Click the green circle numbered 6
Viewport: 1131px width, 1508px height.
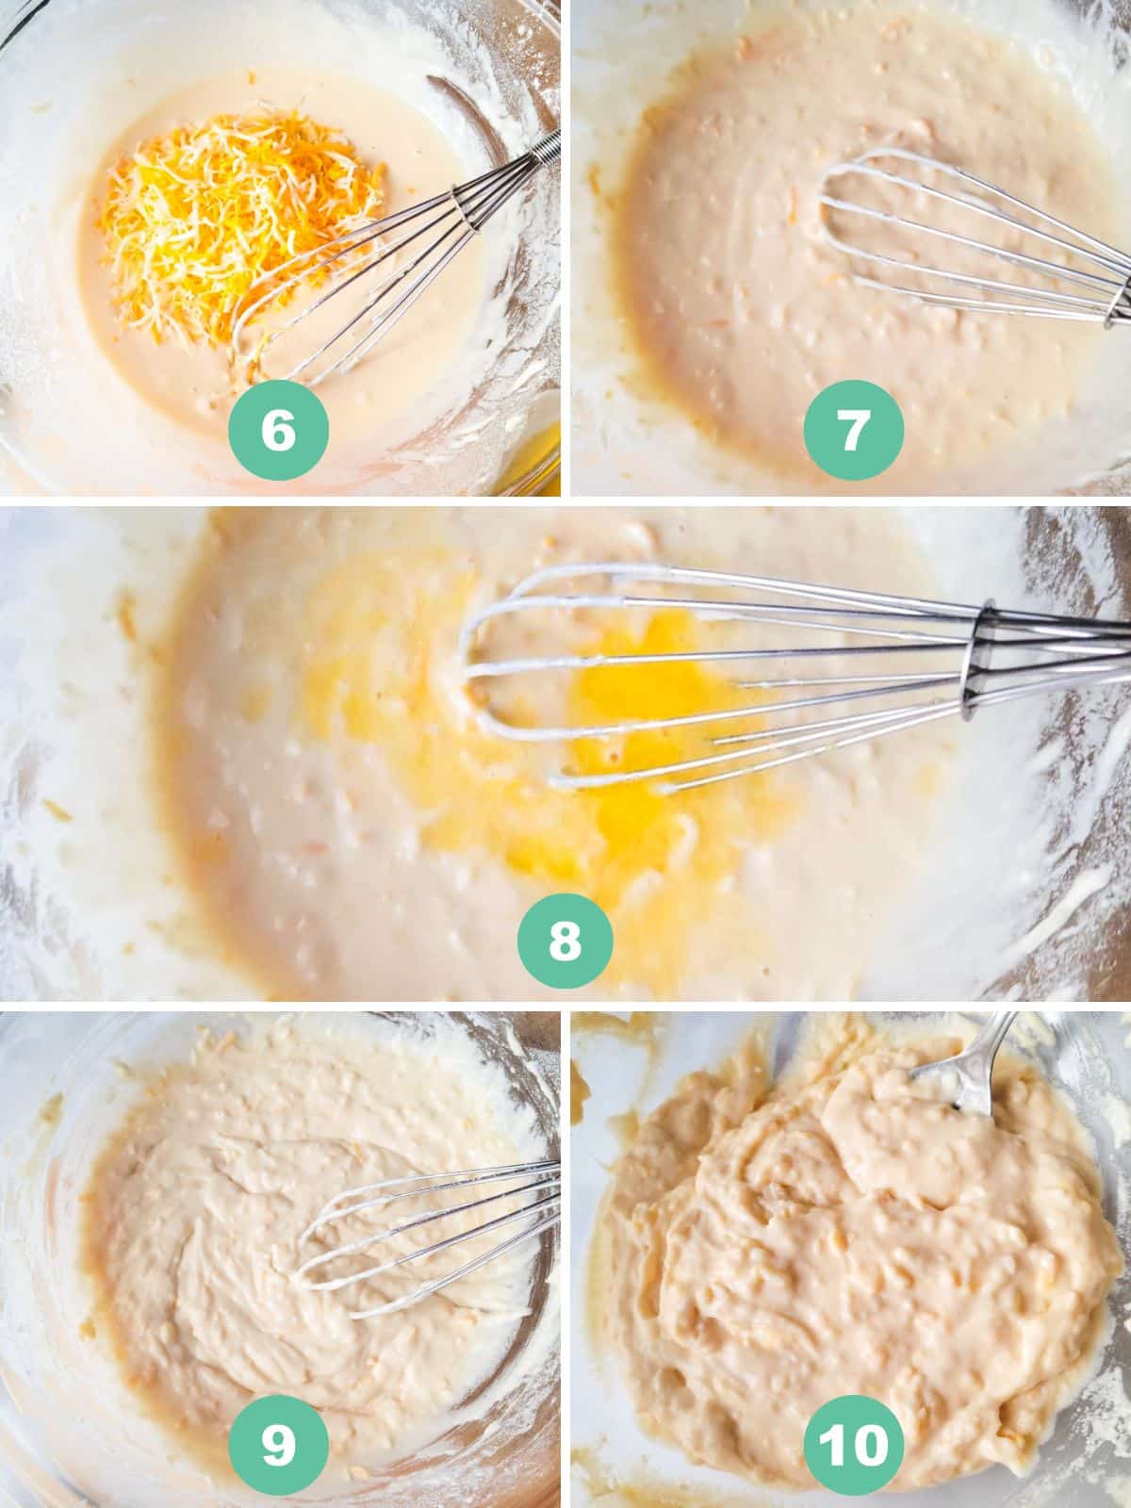pyautogui.click(x=278, y=430)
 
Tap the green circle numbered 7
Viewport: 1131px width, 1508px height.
pyautogui.click(x=853, y=430)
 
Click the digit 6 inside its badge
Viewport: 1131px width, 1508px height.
pyautogui.click(x=278, y=430)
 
